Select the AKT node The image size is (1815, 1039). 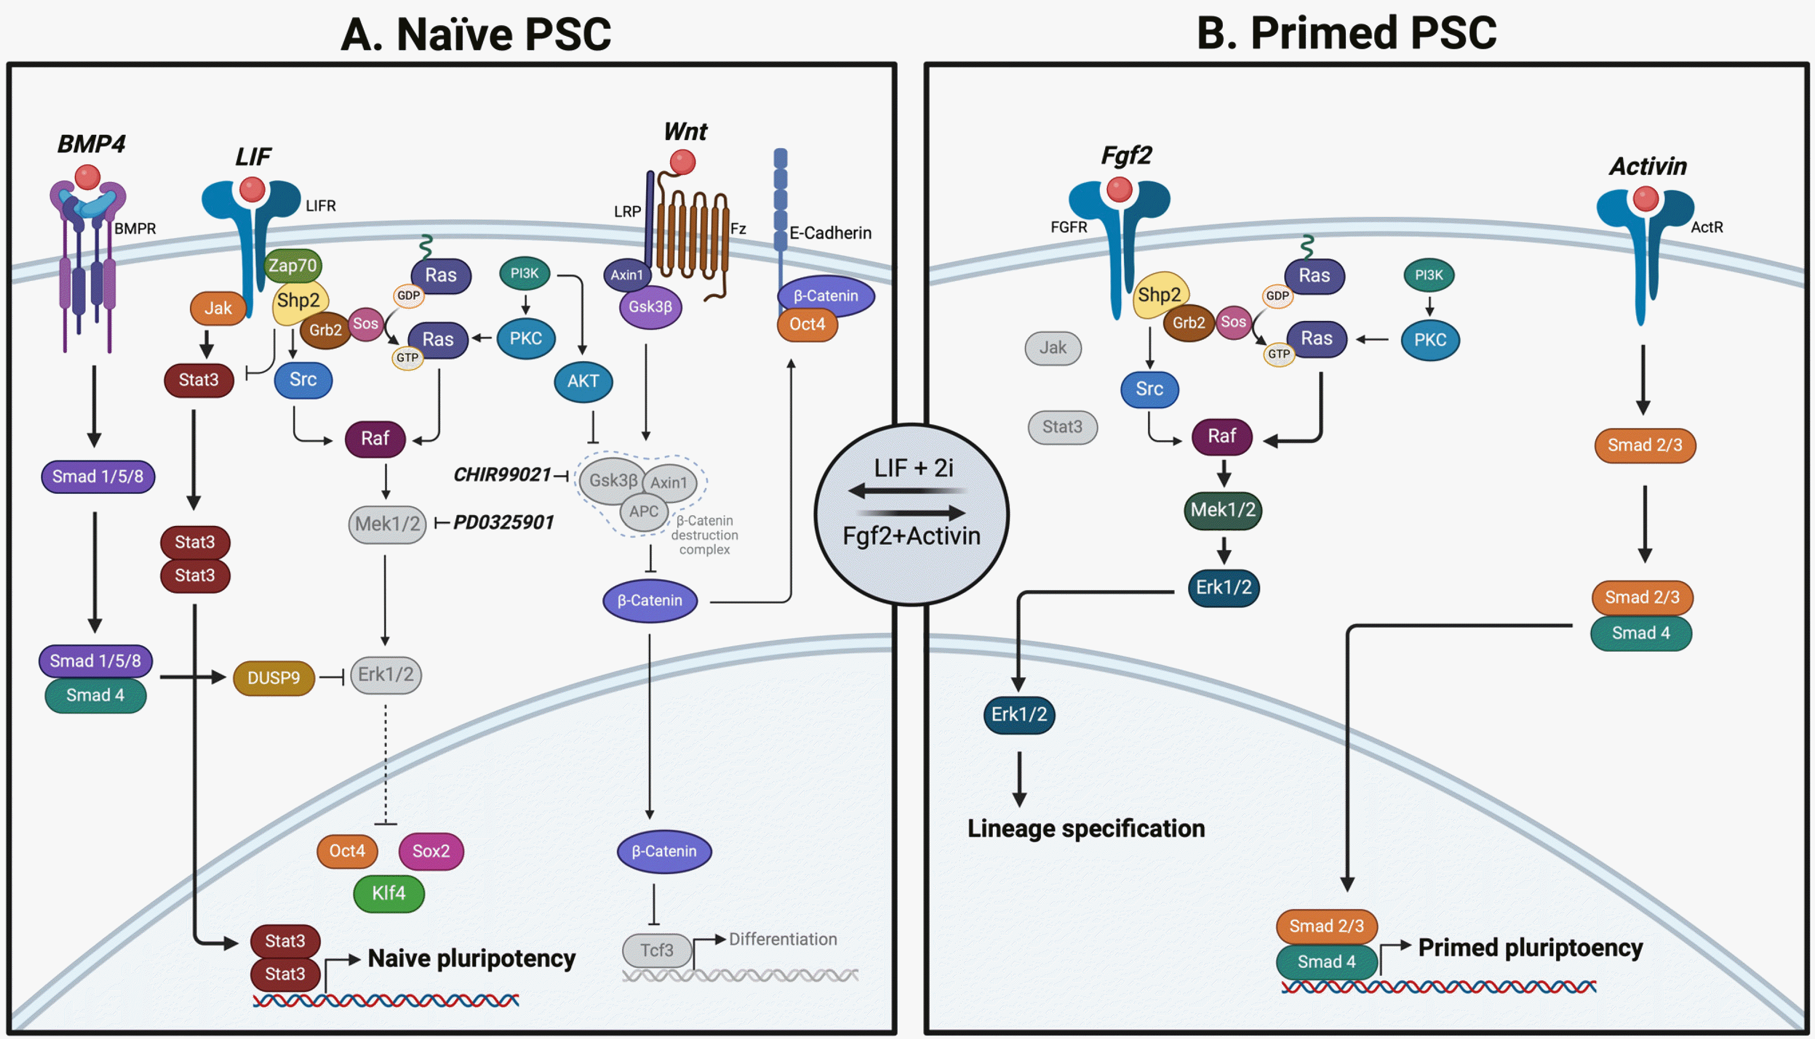coord(583,381)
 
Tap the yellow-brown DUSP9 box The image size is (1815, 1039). coord(273,677)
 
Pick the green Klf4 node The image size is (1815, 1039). coord(389,893)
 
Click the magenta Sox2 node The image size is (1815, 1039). coord(431,851)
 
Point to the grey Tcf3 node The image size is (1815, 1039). coord(656,950)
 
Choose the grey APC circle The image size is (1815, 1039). coord(644,511)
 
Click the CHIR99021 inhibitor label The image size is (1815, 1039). coord(502,475)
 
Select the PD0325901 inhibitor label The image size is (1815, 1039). coord(504,522)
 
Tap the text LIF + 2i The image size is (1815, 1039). coord(913,468)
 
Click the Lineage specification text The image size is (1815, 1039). coord(1086,829)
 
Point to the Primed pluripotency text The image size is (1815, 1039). coord(1530,948)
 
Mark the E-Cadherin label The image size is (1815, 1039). coord(830,233)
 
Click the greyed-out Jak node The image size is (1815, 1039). coord(1052,348)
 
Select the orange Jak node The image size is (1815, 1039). coord(218,308)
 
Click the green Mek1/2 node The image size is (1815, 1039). coord(1223,509)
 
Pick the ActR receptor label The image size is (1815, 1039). coord(1706,227)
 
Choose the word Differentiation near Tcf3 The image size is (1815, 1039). coord(783,939)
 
